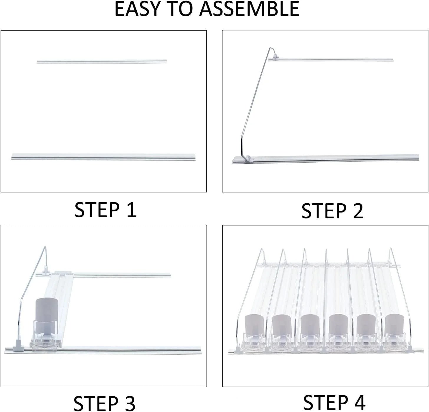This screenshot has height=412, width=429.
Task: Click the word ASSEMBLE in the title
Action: click(x=250, y=9)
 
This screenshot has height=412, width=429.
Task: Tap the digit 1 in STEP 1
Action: click(x=131, y=210)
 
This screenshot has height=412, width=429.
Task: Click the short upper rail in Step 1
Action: click(x=102, y=62)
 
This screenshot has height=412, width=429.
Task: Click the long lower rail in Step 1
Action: click(x=103, y=156)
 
